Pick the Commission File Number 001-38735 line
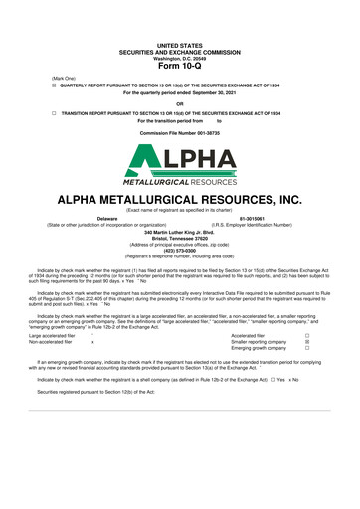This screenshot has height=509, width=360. [179, 132]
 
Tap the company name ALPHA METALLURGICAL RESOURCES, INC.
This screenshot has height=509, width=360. [179, 199]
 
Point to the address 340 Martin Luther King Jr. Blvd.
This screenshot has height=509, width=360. [179, 232]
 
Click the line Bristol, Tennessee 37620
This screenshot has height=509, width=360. [179, 239]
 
